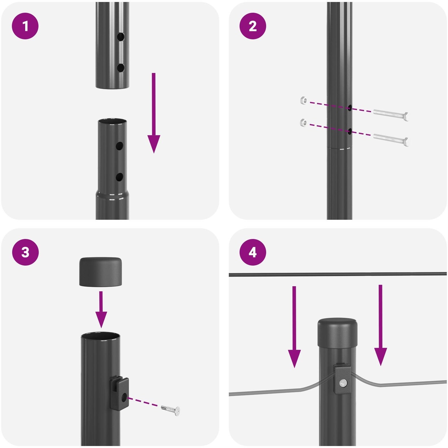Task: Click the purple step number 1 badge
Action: click(x=25, y=26)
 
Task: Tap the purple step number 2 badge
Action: click(x=253, y=26)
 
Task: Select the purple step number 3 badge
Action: click(x=25, y=252)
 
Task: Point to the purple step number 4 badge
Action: click(x=253, y=252)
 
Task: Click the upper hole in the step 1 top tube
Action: click(x=121, y=37)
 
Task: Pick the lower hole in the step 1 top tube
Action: click(x=121, y=68)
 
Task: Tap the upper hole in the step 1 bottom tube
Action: click(x=119, y=146)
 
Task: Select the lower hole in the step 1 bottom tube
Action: click(x=119, y=177)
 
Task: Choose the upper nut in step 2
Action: click(x=303, y=100)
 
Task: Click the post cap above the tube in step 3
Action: click(x=101, y=272)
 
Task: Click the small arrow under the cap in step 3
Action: click(x=101, y=310)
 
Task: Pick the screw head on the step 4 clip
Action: click(x=343, y=383)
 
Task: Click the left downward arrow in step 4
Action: click(x=294, y=327)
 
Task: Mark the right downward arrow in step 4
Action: click(x=380, y=325)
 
